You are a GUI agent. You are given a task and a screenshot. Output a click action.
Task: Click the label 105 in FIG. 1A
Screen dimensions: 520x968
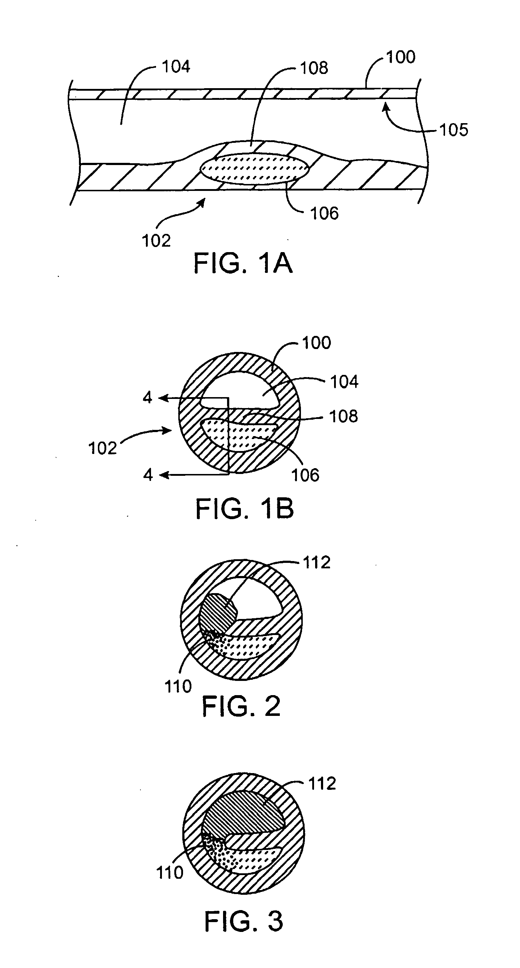tap(453, 130)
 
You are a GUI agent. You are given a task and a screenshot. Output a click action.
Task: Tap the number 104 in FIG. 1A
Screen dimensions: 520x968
tap(176, 67)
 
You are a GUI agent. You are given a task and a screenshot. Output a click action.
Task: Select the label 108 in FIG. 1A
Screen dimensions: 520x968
tap(314, 68)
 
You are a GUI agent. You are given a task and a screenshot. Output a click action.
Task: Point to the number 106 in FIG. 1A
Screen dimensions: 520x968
tap(324, 213)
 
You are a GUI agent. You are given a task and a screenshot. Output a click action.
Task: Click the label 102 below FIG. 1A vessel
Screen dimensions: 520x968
tap(156, 240)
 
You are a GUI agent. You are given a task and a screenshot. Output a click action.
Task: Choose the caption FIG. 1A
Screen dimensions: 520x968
tap(243, 263)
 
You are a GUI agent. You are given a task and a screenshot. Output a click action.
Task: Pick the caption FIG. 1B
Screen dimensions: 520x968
tap(245, 509)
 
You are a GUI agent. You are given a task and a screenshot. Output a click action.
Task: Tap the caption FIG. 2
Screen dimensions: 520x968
tap(241, 706)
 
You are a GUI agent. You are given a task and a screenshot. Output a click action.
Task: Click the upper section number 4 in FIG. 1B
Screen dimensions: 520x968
tap(147, 397)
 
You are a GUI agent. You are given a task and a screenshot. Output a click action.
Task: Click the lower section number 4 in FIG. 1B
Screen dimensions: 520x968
tap(148, 475)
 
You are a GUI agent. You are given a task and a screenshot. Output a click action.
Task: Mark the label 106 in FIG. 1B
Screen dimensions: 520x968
tap(305, 475)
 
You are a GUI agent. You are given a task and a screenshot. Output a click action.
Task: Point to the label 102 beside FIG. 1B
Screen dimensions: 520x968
tap(102, 448)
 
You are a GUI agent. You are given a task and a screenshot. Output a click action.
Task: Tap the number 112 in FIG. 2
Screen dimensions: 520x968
tap(317, 563)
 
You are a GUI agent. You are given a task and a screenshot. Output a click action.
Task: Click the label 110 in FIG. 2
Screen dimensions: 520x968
tap(178, 686)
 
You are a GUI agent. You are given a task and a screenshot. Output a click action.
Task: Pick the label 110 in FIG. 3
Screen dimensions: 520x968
tap(170, 873)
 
